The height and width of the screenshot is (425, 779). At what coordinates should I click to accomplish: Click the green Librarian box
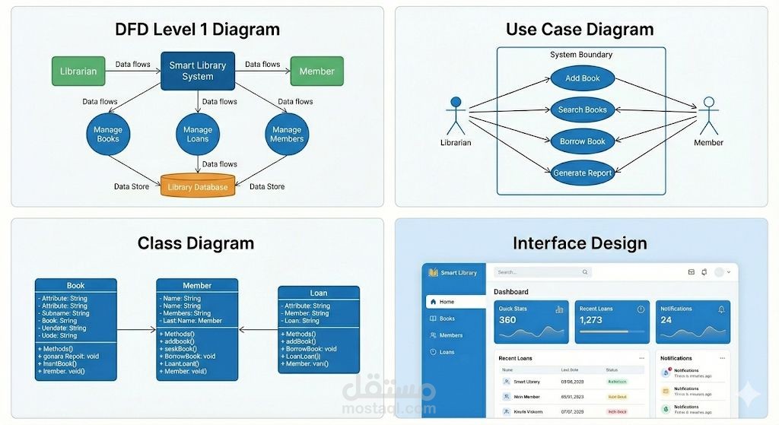coord(78,71)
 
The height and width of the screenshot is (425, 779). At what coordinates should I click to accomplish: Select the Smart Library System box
coord(198,71)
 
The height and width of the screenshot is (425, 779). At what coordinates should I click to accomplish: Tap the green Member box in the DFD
coord(316,71)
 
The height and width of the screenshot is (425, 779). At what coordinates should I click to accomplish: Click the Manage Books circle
coord(108,135)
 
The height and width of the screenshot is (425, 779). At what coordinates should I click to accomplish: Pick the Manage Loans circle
coord(198,135)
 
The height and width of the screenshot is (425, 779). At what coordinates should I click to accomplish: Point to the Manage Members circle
coord(287,135)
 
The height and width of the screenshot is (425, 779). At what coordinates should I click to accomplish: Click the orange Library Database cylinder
coord(198,187)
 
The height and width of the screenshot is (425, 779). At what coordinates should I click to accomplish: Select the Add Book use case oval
coord(583,78)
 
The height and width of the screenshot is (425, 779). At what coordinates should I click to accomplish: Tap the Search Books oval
coord(583,109)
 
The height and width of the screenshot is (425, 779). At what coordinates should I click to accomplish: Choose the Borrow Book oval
coord(583,141)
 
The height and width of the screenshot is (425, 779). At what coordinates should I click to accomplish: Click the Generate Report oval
coord(583,173)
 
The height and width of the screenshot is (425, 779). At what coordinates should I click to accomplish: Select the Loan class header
coord(319,293)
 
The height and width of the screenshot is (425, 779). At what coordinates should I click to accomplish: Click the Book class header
coord(76,285)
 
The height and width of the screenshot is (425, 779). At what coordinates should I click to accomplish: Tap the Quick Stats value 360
coord(507,320)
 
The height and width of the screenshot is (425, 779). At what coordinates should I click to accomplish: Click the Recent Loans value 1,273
coord(591,320)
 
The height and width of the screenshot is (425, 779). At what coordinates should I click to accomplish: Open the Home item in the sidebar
coord(447,302)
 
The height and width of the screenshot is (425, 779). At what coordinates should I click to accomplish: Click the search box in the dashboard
coord(542,271)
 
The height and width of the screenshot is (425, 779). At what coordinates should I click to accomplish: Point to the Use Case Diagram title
coord(580,30)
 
